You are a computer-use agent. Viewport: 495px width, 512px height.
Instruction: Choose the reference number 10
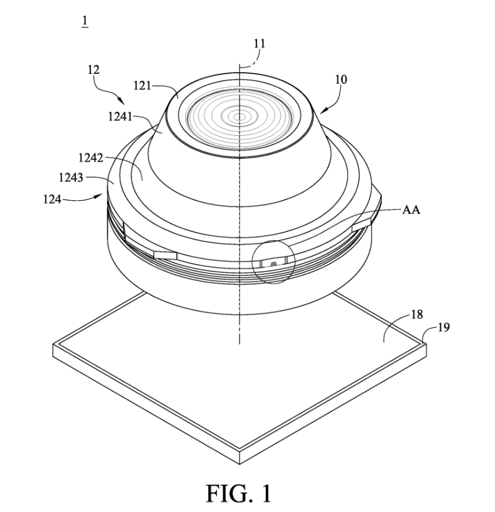tap(340, 80)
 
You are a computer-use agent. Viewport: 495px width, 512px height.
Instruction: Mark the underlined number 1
tap(85, 22)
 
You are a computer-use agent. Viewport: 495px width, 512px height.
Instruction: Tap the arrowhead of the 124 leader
tap(104, 194)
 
